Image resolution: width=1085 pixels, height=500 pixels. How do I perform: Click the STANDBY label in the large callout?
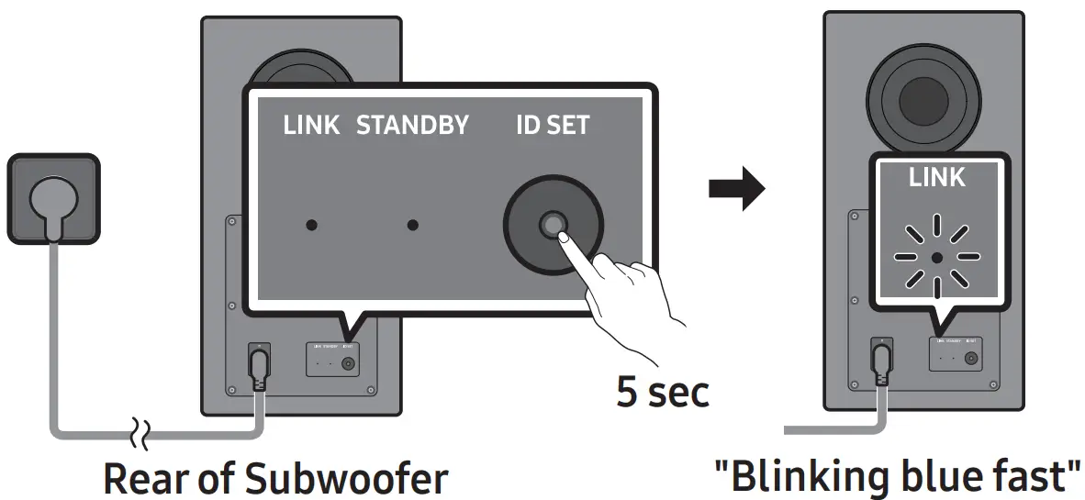(x=412, y=126)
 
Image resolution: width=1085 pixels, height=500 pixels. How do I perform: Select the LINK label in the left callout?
(x=311, y=126)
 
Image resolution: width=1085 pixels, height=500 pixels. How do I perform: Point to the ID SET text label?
(x=553, y=126)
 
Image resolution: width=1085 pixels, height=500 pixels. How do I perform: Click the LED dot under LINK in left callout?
(x=312, y=225)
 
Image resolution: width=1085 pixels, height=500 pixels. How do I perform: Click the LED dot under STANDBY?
(x=413, y=225)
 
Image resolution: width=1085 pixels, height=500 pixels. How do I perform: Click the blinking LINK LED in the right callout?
(x=936, y=258)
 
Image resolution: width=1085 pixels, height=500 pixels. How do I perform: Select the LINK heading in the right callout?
(x=936, y=178)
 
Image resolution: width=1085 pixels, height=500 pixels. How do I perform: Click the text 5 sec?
(x=663, y=392)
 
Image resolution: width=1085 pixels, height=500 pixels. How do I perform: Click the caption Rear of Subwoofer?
(x=275, y=478)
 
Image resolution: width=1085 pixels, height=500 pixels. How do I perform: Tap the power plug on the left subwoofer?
(x=260, y=366)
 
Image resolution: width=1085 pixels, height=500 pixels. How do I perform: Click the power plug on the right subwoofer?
(x=882, y=361)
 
